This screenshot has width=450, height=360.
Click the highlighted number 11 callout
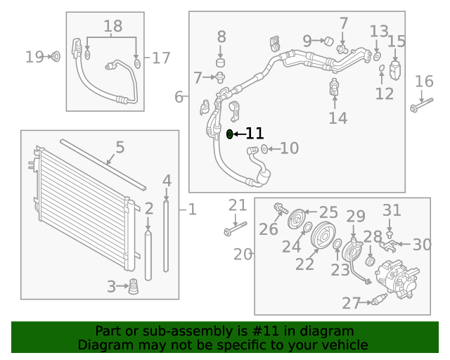255,134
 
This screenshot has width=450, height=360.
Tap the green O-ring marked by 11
230,134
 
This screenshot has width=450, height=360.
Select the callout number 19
34,57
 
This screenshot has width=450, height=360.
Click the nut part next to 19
56,56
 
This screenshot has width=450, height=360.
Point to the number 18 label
112,27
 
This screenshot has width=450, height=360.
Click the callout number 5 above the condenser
120,148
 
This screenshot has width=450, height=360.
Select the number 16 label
424,82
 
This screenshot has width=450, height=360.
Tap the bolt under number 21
235,229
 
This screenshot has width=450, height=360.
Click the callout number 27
351,303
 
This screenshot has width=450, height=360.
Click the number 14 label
337,117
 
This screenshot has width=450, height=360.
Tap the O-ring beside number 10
264,148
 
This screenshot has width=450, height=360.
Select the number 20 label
243,254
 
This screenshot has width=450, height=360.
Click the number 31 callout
392,210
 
